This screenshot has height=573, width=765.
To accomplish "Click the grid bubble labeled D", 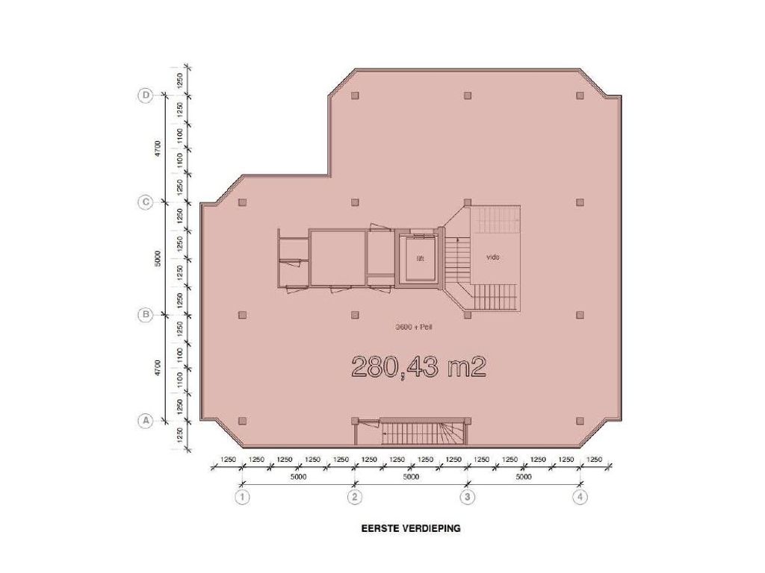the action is point(146,95).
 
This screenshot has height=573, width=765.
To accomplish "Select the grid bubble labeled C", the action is point(146,202).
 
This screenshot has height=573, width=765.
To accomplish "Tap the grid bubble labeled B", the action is point(146,315).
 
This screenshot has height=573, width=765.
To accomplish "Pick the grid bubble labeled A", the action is point(146,421).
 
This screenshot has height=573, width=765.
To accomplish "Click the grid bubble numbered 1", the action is point(242,498).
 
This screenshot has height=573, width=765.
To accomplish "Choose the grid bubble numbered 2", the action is point(355,498).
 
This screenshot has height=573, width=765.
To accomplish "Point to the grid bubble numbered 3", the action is point(468,498).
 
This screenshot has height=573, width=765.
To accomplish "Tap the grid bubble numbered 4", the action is point(580,498).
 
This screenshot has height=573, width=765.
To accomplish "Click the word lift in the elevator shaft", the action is point(420,259).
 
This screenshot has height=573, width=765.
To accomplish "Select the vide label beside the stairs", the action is point(493,257).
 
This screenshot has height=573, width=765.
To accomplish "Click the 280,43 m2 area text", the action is point(418,367).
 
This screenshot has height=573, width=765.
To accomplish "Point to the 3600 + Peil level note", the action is point(414,327).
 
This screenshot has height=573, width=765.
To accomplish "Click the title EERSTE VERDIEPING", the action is point(411,528).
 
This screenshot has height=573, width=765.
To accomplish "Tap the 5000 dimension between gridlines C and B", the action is point(157,258).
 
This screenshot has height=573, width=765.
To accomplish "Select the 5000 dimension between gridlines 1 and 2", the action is point(298,477).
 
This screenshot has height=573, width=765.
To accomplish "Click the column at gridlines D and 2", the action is point(355,95).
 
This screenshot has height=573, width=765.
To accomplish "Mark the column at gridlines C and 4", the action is point(580,202).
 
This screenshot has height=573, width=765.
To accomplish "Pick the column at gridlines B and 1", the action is point(243,315).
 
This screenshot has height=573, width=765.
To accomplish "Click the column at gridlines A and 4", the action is point(580,421).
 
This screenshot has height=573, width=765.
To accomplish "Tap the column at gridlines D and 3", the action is point(468,95).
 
